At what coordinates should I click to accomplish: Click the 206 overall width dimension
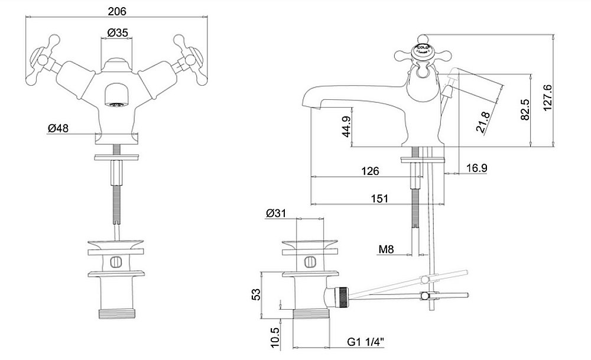pyautogui.click(x=118, y=10)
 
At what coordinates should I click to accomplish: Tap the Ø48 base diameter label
pyautogui.click(x=58, y=128)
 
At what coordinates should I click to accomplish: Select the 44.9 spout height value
pyautogui.click(x=347, y=126)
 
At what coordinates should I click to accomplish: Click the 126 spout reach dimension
pyautogui.click(x=369, y=171)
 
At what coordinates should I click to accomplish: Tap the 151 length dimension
pyautogui.click(x=379, y=199)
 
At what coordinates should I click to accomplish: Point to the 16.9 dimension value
pyautogui.click(x=476, y=168)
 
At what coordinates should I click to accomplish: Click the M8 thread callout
pyautogui.click(x=386, y=249)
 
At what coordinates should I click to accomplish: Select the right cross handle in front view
pyautogui.click(x=189, y=58)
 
